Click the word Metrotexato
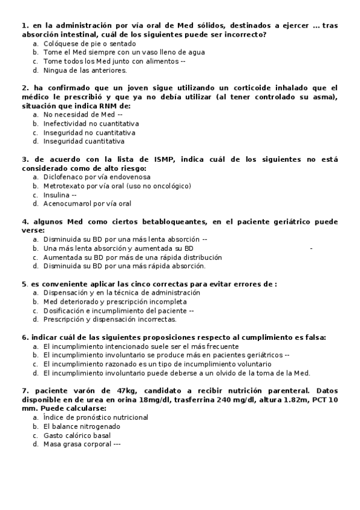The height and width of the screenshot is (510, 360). [64, 186]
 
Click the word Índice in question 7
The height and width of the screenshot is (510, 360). [55, 417]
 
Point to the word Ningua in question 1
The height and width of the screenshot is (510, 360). [56, 70]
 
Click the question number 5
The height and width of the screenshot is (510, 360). [23, 284]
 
